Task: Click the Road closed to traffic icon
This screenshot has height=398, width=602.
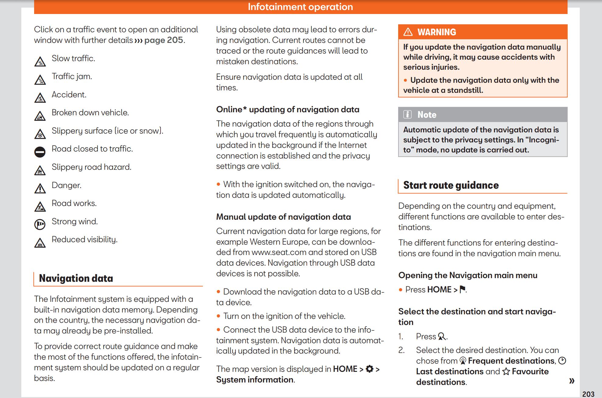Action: [x=40, y=152]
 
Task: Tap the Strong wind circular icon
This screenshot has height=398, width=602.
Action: [x=40, y=224]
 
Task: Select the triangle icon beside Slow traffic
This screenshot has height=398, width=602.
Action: [x=40, y=61]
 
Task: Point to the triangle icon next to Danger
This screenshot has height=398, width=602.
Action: [x=40, y=189]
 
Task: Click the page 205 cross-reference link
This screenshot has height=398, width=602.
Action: [x=164, y=40]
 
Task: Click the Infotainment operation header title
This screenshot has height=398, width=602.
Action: [x=300, y=7]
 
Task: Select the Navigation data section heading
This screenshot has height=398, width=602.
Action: [x=76, y=278]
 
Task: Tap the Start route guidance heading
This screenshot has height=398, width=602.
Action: [x=451, y=185]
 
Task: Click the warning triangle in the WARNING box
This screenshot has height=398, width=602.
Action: [x=408, y=32]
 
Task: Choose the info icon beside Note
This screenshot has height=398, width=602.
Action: [x=407, y=114]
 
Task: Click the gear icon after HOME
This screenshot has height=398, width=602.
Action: [x=370, y=369]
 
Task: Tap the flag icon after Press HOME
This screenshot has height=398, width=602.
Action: [x=462, y=289]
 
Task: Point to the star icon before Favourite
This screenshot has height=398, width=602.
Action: [x=506, y=371]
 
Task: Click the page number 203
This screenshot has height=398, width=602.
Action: [x=588, y=394]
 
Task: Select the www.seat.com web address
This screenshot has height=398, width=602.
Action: [x=279, y=252]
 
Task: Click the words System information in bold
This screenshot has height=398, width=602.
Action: [x=255, y=380]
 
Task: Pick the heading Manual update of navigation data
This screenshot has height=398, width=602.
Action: [x=284, y=217]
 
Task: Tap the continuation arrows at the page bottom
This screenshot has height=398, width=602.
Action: [x=572, y=381]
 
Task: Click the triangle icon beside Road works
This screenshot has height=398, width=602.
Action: [x=40, y=207]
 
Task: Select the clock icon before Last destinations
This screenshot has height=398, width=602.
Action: [x=562, y=361]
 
